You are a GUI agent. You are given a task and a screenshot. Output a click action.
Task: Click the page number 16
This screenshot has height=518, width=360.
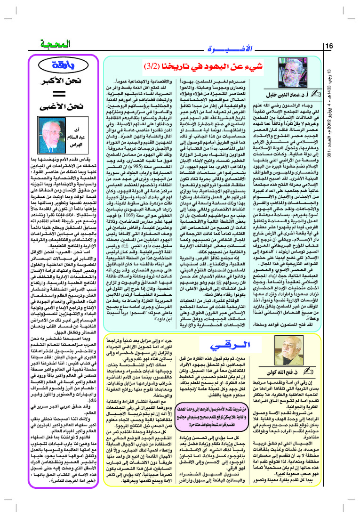point(328,46)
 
